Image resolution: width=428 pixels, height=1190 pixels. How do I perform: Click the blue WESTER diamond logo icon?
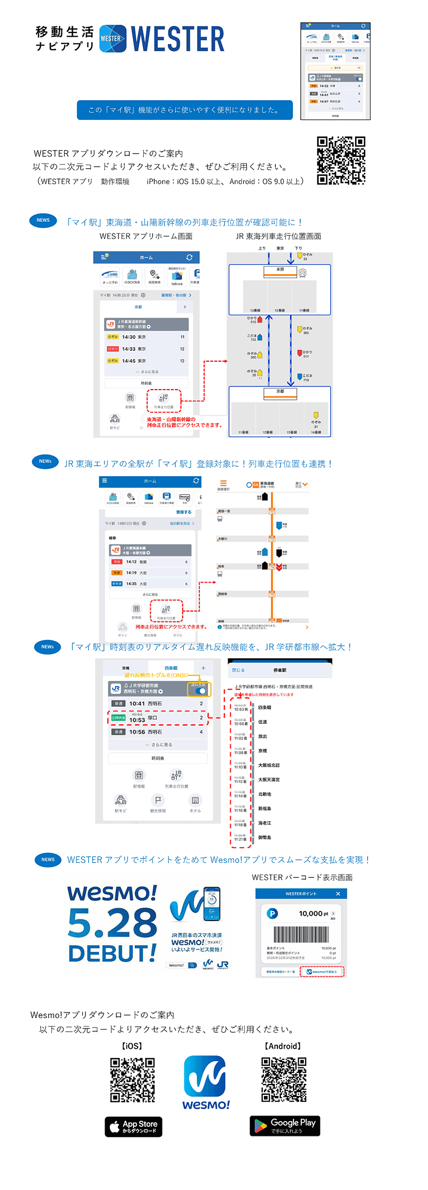tap(112, 38)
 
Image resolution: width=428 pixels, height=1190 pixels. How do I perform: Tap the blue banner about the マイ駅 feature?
tap(185, 110)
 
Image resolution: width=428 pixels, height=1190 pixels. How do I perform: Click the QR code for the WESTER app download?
tap(341, 160)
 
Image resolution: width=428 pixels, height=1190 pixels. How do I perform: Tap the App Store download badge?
tap(134, 1126)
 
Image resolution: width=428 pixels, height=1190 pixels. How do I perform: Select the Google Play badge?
tap(285, 1125)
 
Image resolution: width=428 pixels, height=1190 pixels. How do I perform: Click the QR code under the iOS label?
tap(132, 1080)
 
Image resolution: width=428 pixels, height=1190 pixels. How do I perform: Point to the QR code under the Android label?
tap(284, 1079)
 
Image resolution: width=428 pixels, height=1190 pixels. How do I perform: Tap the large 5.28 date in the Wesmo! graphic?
tap(112, 923)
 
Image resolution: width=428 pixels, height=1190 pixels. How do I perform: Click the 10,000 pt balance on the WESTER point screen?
tap(314, 913)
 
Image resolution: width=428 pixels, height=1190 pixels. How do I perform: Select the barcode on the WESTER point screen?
tap(301, 934)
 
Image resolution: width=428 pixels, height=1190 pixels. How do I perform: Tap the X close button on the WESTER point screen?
tap(338, 894)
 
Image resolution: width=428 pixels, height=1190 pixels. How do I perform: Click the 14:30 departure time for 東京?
tap(129, 337)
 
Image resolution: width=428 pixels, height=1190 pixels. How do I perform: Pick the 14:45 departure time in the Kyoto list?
tap(129, 361)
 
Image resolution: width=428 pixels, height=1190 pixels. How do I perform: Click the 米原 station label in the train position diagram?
tap(280, 269)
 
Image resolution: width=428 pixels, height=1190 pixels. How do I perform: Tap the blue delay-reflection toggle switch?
tap(200, 690)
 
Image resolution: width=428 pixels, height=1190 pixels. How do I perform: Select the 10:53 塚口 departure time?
tap(137, 720)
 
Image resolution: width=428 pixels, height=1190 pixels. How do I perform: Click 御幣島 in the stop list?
tap(264, 837)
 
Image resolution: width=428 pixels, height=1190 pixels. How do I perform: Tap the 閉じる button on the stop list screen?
tap(238, 670)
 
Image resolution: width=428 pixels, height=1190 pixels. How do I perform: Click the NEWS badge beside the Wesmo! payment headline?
tap(48, 859)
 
